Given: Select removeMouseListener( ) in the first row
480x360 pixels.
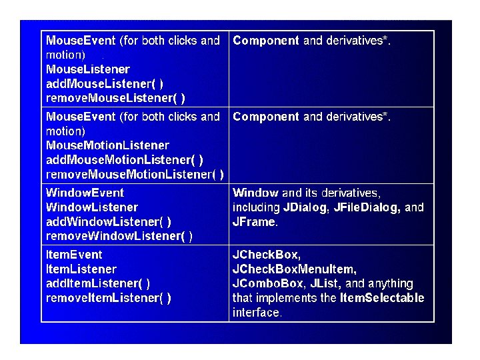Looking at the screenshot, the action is pos(115,98).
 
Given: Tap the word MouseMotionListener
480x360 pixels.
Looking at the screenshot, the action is pos(107,145).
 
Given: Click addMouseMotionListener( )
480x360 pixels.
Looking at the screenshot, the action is pos(125,160).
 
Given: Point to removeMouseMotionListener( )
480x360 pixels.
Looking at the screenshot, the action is pos(135,175).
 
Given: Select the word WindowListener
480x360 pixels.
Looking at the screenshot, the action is pos(92,207).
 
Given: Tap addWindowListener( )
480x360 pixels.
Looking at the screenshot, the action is pos(109,221).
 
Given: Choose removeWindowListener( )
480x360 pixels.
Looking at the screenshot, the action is pos(119,236).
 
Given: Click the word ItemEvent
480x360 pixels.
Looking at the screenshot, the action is pos(74,255).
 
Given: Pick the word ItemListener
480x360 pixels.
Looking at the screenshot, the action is pos(81,269).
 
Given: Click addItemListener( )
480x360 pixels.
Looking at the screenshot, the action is pos(98,283).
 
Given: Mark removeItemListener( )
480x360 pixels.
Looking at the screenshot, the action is pos(109,298).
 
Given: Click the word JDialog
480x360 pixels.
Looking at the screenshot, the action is pos(305,207).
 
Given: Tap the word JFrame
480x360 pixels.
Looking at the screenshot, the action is pos(253,222).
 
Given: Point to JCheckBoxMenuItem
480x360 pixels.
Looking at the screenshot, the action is pos(294,269).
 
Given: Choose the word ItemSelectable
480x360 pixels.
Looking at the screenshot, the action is pos(382,298).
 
